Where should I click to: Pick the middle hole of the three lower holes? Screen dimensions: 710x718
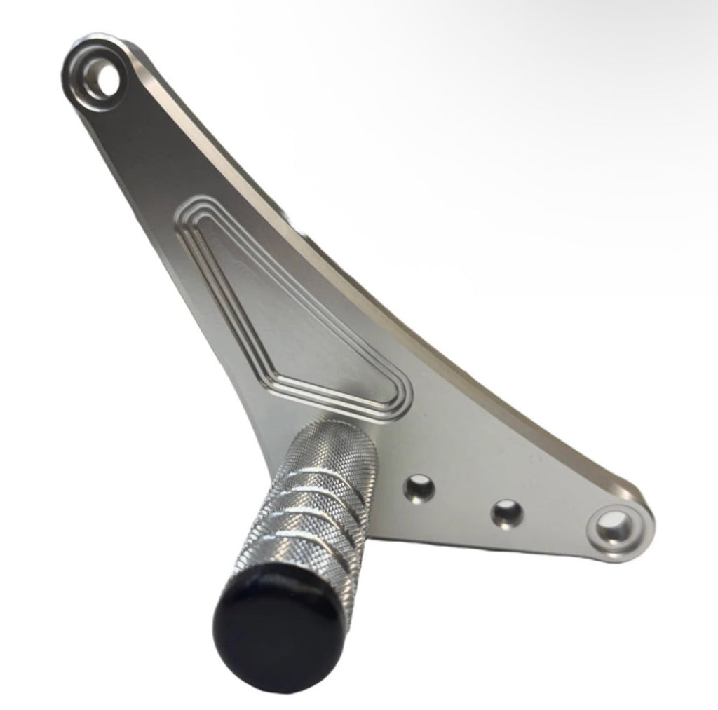pyautogui.click(x=506, y=512)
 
